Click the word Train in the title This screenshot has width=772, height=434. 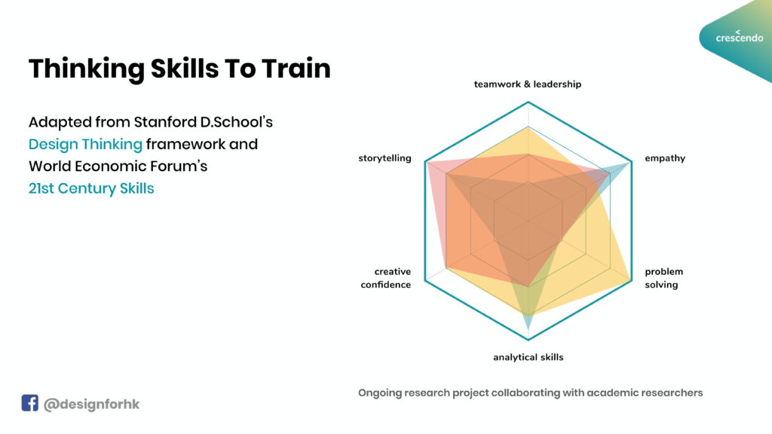(x=296, y=69)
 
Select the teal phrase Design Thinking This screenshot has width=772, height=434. (x=85, y=145)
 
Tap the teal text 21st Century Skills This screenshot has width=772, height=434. (x=91, y=188)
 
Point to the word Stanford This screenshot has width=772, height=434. (x=165, y=122)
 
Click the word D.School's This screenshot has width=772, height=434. (x=236, y=122)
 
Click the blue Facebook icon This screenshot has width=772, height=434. (x=29, y=402)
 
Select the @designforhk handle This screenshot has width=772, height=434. (x=91, y=405)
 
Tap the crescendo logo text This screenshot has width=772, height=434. (x=740, y=38)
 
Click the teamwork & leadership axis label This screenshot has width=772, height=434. (x=527, y=84)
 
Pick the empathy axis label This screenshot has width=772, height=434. (x=665, y=158)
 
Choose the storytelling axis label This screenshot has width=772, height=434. (x=384, y=158)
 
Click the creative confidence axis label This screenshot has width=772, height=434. (x=386, y=278)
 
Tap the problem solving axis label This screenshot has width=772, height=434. (x=663, y=278)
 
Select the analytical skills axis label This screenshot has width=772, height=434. (x=528, y=357)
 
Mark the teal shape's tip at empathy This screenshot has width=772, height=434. (x=631, y=162)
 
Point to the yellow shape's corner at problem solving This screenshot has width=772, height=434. (x=631, y=281)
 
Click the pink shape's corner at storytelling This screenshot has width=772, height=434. (x=427, y=162)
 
